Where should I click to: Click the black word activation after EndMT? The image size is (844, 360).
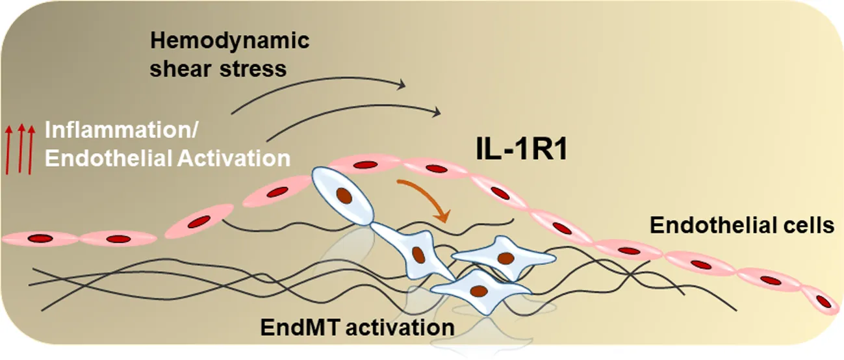click(399, 327)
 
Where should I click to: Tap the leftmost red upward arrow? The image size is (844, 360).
click(8, 149)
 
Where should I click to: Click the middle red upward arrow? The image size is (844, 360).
click(20, 149)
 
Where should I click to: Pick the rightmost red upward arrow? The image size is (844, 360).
click(32, 149)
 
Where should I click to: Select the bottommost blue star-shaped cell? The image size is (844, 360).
click(479, 290)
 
